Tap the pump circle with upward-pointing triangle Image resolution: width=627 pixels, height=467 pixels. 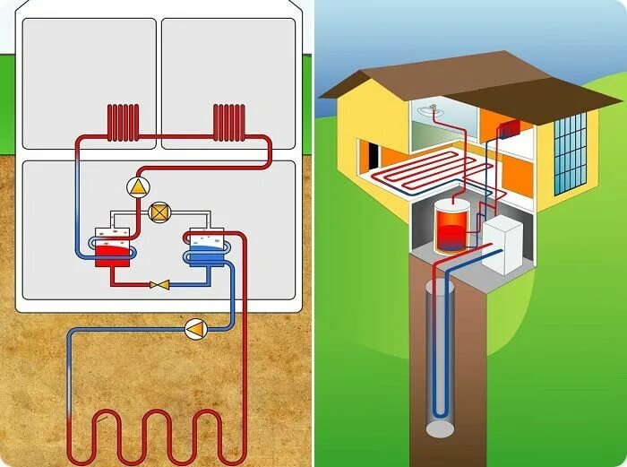coord(138,186)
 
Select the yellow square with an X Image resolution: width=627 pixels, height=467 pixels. coord(160,212)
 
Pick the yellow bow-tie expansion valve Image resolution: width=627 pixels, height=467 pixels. coord(160,285)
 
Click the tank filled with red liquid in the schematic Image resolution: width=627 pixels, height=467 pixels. coord(113,246)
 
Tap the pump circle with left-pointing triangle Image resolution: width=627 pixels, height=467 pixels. coord(194,329)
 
